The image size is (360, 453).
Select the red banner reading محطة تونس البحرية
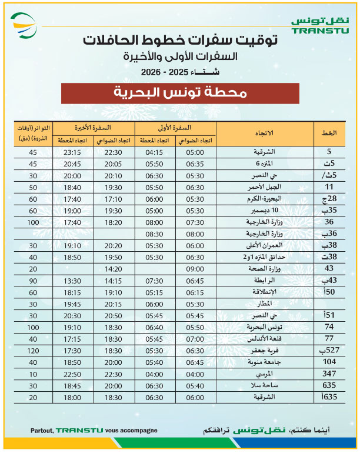(181, 93)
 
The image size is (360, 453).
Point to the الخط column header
(328, 134)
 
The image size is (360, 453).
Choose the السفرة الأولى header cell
(176, 127)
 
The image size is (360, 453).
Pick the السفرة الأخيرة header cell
(95, 127)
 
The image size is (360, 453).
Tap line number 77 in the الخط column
(329, 339)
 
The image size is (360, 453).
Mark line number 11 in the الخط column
(329, 187)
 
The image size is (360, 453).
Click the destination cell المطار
(265, 304)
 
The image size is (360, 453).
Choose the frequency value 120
(34, 351)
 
